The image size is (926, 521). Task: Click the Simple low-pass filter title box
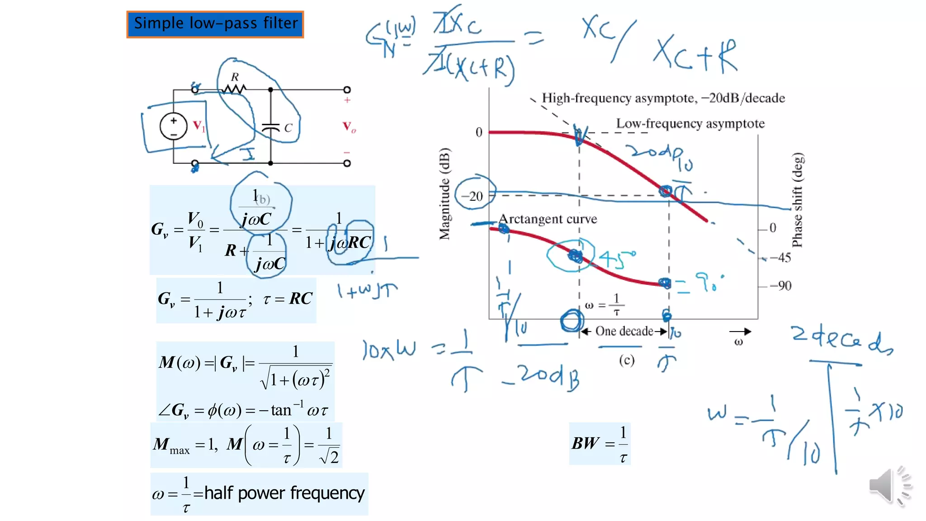pyautogui.click(x=215, y=24)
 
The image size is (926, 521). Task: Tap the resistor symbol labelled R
pyautogui.click(x=234, y=88)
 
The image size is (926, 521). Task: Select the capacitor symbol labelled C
pyautogui.click(x=271, y=128)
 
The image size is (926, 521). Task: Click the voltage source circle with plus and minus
pyautogui.click(x=174, y=126)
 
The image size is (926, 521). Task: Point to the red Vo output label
pyautogui.click(x=349, y=127)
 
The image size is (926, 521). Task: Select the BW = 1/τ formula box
pyautogui.click(x=600, y=444)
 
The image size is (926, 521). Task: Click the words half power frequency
pyautogui.click(x=284, y=493)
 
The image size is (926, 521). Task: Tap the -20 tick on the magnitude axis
pyautogui.click(x=472, y=196)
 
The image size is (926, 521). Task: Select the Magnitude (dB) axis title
pyautogui.click(x=445, y=194)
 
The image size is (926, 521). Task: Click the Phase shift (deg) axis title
pyautogui.click(x=798, y=200)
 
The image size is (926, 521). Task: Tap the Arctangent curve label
pyautogui.click(x=548, y=219)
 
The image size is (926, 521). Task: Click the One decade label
pyautogui.click(x=624, y=331)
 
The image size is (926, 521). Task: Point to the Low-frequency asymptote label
pyautogui.click(x=690, y=124)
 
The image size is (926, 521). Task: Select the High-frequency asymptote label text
pyautogui.click(x=663, y=98)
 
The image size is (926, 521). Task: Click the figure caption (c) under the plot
pyautogui.click(x=627, y=360)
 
